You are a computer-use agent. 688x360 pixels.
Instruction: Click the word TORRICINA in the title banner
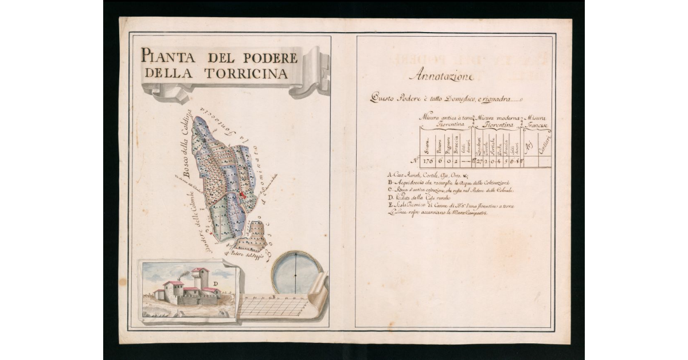pos(252,73)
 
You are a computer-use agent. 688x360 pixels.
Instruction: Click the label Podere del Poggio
pos(247,256)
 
